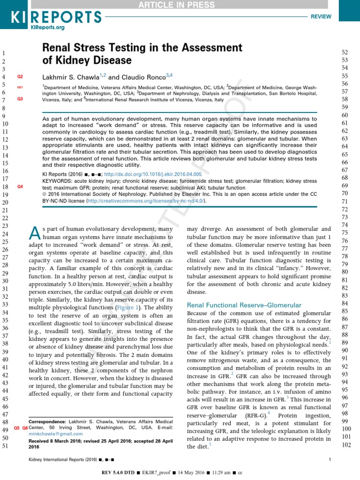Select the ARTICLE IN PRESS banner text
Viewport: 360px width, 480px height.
[x=180, y=5]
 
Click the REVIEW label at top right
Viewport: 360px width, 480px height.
[x=322, y=16]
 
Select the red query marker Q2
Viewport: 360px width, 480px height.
[x=20, y=76]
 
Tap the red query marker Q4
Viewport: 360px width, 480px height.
[x=20, y=187]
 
